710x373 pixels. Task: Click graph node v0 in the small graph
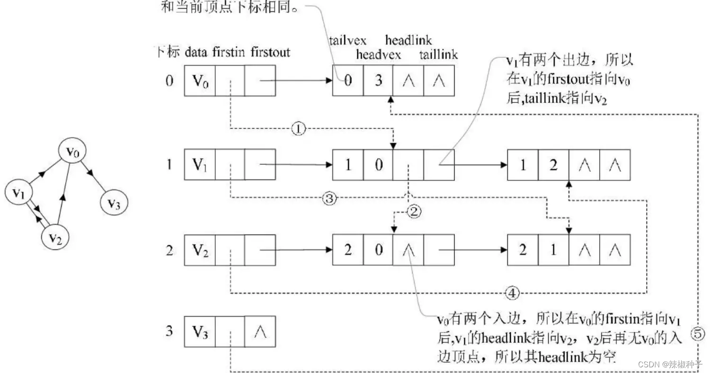point(71,151)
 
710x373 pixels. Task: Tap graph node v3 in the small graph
point(114,204)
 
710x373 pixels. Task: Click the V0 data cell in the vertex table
point(199,81)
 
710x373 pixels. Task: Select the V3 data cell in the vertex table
point(199,331)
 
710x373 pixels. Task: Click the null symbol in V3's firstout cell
point(259,331)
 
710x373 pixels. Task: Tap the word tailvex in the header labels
point(348,40)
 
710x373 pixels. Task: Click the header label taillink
point(439,54)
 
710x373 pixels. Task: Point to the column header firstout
point(270,52)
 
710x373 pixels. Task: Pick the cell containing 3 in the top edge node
point(378,80)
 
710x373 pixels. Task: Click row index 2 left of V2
point(169,249)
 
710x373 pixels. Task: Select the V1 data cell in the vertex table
point(199,164)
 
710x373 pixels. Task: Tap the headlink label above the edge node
point(409,40)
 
